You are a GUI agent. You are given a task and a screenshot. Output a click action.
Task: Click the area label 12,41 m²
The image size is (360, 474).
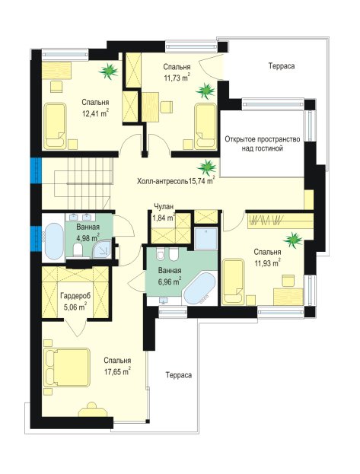95,113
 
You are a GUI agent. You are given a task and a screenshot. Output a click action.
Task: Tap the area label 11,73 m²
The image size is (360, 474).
177,78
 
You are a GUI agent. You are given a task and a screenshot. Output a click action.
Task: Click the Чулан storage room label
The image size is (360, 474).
164,207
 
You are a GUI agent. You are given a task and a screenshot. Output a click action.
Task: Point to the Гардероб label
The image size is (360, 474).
75,295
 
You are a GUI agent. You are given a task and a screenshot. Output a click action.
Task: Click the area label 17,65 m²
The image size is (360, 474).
117,371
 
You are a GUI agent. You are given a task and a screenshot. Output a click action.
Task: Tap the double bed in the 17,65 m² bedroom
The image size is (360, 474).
67,367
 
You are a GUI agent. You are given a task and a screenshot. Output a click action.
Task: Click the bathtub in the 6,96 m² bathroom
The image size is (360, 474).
199,288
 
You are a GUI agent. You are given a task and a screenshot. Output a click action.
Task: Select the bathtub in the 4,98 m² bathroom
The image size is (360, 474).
53,241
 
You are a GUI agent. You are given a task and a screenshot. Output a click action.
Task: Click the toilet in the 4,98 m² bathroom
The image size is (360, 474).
78,250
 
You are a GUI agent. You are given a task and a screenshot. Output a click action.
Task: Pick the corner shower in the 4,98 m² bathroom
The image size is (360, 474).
102,249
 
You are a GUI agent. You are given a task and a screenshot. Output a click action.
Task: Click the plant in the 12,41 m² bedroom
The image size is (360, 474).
108,71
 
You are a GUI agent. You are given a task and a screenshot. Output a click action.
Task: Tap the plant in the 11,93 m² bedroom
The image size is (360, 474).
293,240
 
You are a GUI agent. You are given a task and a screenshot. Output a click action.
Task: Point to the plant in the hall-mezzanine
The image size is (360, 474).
206,168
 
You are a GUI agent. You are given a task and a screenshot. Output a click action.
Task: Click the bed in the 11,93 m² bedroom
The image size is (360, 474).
233,282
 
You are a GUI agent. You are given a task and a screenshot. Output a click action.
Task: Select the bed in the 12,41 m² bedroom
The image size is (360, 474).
55,126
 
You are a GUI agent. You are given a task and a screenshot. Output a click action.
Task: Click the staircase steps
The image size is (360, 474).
82,183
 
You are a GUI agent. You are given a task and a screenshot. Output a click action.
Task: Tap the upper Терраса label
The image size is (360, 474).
282,66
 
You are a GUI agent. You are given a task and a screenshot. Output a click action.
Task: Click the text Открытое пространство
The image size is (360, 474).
263,139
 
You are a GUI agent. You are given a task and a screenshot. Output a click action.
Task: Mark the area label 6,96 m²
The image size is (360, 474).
170,282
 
